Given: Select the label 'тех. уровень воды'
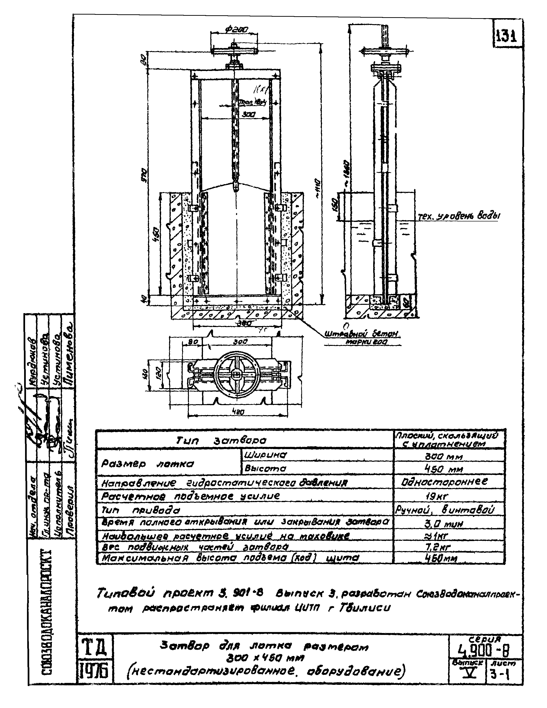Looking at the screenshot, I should (458, 216).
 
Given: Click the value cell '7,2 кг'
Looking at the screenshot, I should (448, 547).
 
